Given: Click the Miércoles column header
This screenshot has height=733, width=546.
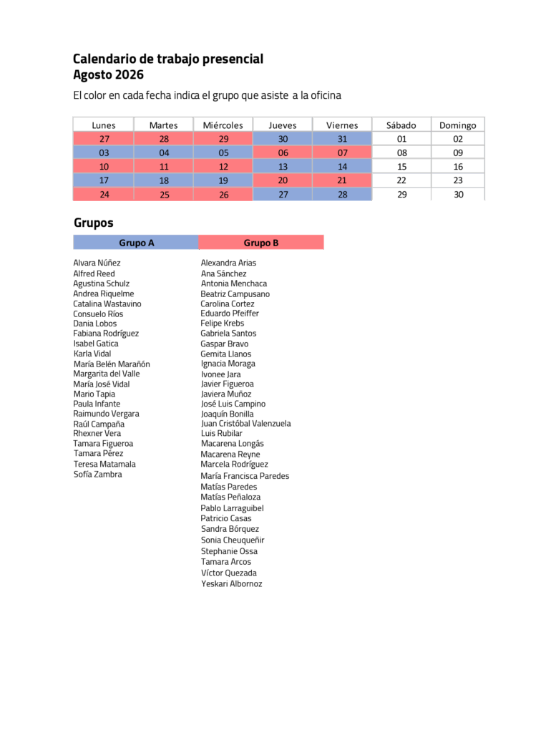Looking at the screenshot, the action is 223,125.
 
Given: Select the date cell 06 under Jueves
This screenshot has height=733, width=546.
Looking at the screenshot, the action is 283,152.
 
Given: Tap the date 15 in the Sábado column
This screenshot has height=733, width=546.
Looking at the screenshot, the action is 401,166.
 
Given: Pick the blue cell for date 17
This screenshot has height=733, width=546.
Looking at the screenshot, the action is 104,180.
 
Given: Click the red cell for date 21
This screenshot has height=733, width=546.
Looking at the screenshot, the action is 342,180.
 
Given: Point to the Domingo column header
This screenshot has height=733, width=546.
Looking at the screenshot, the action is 458,125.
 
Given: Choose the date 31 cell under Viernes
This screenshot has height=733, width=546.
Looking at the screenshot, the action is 342,139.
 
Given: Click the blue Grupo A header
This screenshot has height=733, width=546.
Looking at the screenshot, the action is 136,242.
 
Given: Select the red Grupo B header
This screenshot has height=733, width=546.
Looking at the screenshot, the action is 261,242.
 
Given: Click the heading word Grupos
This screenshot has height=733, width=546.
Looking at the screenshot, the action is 94,223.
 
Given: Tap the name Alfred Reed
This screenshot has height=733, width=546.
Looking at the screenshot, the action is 94,273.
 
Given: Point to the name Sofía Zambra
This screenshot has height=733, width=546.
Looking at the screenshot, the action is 98,474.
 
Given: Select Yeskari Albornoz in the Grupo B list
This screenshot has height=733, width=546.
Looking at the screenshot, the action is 232,583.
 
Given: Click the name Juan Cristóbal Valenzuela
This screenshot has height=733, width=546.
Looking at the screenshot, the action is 246,424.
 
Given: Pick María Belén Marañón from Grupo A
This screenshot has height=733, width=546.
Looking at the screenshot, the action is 112,364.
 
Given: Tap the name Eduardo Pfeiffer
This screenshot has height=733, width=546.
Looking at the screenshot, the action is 230,314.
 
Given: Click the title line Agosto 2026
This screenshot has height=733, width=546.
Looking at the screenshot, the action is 109,74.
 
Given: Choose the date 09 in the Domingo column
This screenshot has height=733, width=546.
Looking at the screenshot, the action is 458,152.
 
